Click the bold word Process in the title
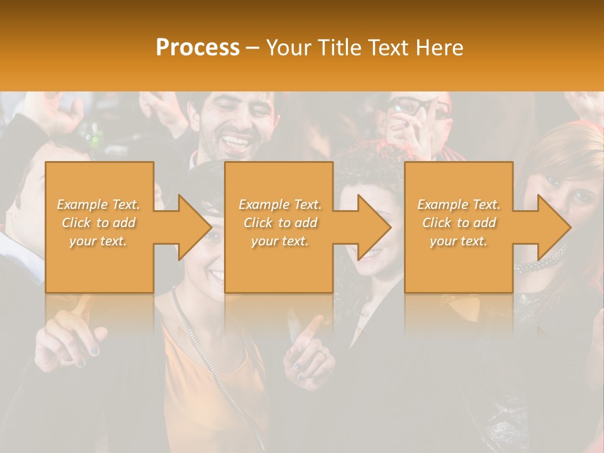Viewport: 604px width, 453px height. point(198,48)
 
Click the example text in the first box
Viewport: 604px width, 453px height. point(99,223)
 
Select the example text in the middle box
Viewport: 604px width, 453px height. point(280,223)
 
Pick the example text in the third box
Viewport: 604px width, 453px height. point(459,223)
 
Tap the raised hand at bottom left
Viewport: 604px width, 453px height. point(63,340)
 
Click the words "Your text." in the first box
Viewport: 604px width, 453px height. point(98,241)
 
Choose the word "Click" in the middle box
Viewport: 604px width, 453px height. point(257,223)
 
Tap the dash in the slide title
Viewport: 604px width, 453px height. point(252,48)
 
